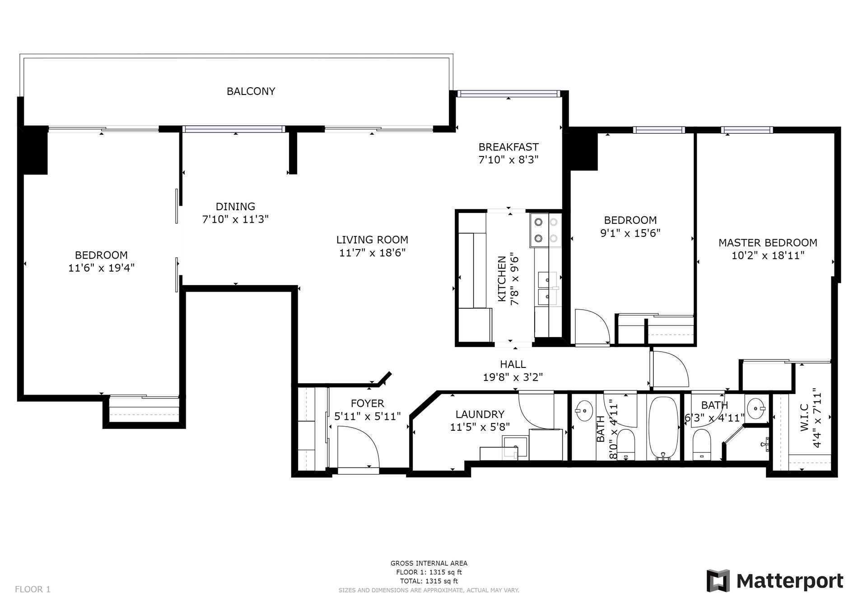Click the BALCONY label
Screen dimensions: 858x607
(251, 91)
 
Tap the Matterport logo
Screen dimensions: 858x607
(775, 581)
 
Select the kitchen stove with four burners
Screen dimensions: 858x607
(546, 230)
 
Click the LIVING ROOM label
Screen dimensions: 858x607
(372, 240)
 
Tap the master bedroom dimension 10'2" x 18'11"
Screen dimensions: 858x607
(768, 256)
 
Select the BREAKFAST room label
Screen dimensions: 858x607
(508, 147)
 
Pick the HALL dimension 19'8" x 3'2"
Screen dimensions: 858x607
(513, 377)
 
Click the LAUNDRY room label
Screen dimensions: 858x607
(480, 414)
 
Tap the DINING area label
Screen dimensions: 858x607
(235, 207)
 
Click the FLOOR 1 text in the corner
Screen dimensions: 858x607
(33, 589)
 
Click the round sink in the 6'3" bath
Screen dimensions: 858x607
(755, 409)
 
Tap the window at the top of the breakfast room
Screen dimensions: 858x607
(508, 94)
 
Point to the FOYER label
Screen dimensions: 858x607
(367, 404)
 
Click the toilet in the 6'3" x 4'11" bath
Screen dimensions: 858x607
(701, 444)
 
